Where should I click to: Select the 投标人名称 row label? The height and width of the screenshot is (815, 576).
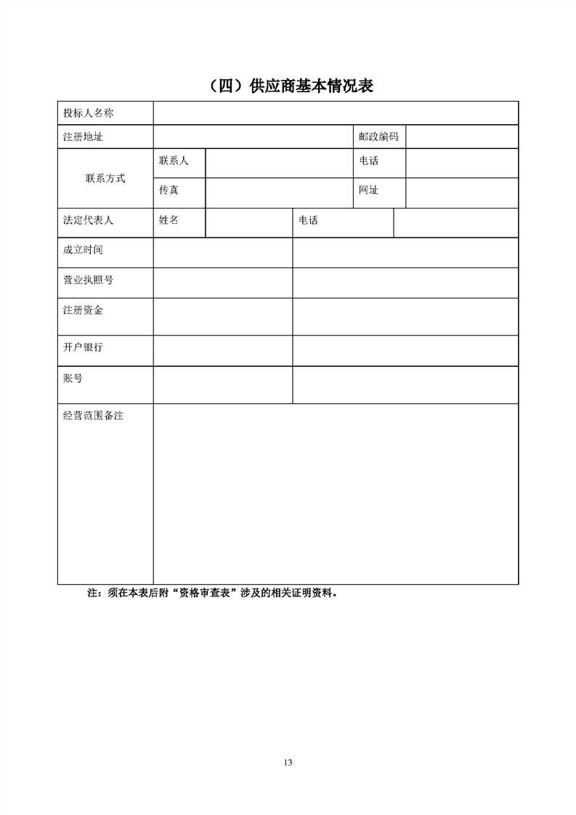pos(88,113)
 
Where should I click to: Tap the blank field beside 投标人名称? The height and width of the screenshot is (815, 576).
pos(335,113)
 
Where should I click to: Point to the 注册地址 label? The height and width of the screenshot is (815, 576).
pos(83,137)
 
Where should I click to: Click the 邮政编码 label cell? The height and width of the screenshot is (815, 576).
pos(378,137)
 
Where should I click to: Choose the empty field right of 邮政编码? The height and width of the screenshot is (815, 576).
pos(461,137)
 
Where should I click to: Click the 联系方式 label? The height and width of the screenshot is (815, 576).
pos(105,178)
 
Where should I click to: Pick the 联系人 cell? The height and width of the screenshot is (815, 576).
pos(174,161)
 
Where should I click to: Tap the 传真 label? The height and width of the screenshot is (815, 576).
pos(169,190)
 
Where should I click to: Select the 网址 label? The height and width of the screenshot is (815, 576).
pos(368,190)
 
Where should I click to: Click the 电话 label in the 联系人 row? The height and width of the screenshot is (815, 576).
pos(368,161)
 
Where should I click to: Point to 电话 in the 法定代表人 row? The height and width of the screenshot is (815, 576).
pos(308,221)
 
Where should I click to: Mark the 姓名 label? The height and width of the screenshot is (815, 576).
pos(169,221)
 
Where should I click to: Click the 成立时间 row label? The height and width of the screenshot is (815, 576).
pos(83,250)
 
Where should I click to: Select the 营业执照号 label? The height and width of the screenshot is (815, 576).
pos(88,280)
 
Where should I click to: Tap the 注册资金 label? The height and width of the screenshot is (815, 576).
pos(83,310)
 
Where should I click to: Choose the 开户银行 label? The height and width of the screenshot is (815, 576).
pos(83,347)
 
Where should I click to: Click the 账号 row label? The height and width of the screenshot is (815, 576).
pos(73,378)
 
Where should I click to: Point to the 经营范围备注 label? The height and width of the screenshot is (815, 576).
pos(93,416)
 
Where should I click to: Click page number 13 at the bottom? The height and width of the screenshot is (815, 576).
pos(288,762)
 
